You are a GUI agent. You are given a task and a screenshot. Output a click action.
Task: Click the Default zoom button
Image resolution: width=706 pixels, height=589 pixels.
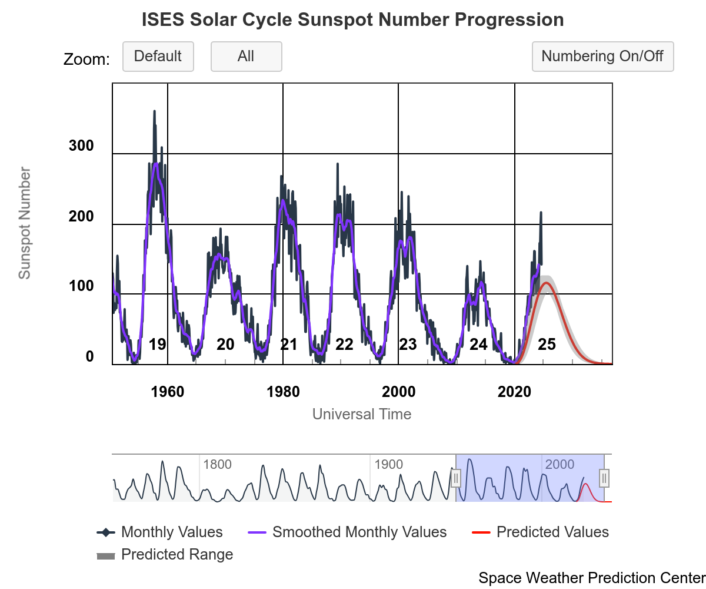158,57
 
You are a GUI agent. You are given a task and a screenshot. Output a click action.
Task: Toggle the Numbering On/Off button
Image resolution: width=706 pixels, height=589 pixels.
602,57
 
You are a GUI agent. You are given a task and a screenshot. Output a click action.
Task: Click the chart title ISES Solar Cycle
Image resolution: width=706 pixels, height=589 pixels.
353,20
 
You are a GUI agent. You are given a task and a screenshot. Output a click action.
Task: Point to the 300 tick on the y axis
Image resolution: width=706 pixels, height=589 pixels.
81,146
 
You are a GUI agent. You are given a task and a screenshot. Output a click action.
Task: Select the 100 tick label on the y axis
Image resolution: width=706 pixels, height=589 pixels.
81,286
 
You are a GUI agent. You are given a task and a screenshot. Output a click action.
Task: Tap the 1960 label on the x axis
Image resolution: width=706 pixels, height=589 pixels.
168,392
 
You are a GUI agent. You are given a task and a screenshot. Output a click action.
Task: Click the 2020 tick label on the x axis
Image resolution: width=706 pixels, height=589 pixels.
515,392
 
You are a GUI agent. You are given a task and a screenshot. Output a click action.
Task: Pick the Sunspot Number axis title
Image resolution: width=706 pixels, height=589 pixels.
24,223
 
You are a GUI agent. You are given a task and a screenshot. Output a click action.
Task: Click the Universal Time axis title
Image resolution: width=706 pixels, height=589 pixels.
361,414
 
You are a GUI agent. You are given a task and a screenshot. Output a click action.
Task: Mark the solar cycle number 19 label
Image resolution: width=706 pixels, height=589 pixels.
157,345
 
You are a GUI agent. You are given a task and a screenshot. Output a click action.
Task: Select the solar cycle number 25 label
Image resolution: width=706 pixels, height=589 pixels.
547,345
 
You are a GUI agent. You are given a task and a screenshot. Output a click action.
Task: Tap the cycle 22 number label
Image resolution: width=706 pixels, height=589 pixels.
344,345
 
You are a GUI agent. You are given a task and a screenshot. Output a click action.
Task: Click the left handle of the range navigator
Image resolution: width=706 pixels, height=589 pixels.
455,478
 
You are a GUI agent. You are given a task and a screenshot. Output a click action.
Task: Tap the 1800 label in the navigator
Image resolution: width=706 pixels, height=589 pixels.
217,465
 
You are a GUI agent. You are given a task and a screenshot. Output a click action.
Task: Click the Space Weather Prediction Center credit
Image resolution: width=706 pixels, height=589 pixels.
591,578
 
